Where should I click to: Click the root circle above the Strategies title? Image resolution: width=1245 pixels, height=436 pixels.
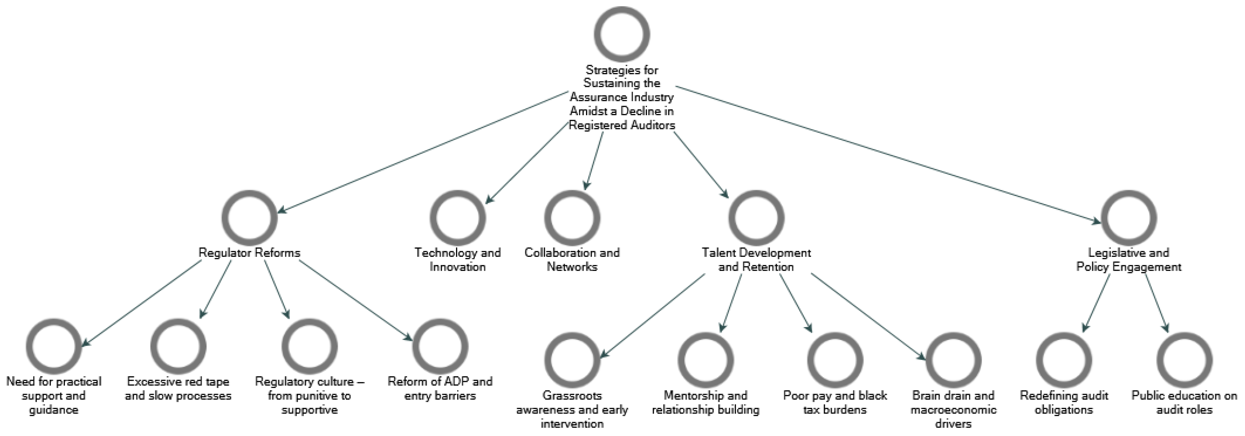(x=622, y=34)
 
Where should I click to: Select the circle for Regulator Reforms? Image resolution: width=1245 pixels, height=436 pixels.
(x=250, y=218)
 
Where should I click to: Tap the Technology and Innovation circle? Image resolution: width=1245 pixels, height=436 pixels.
(x=457, y=218)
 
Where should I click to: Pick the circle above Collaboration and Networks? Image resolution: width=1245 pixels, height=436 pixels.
(x=572, y=218)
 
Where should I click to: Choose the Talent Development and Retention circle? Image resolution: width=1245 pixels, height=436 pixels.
(x=756, y=218)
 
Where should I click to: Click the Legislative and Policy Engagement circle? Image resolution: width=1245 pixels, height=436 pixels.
(x=1129, y=218)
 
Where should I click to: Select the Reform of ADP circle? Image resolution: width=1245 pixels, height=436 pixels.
(x=440, y=346)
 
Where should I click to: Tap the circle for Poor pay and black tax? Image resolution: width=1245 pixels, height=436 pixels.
(x=835, y=360)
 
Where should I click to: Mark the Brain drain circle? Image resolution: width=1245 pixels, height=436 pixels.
(x=953, y=360)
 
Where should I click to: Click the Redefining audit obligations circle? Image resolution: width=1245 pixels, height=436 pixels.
(x=1064, y=360)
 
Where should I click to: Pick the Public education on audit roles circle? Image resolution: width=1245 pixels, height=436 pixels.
(x=1184, y=360)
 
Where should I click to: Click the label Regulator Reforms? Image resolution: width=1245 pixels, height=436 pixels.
(x=250, y=253)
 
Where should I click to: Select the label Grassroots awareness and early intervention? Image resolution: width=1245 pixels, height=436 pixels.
(x=572, y=410)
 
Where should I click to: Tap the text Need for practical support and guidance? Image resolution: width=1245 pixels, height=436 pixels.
(x=54, y=395)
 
